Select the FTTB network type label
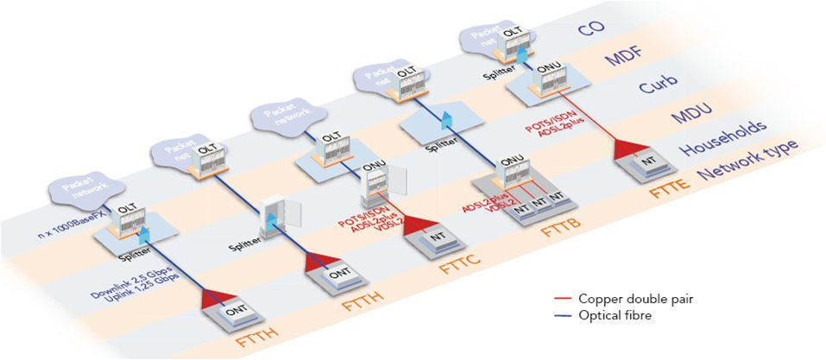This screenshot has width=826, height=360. point(555,231)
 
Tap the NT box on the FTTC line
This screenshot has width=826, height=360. point(438,234)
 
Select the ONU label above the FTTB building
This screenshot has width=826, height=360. point(513,160)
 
